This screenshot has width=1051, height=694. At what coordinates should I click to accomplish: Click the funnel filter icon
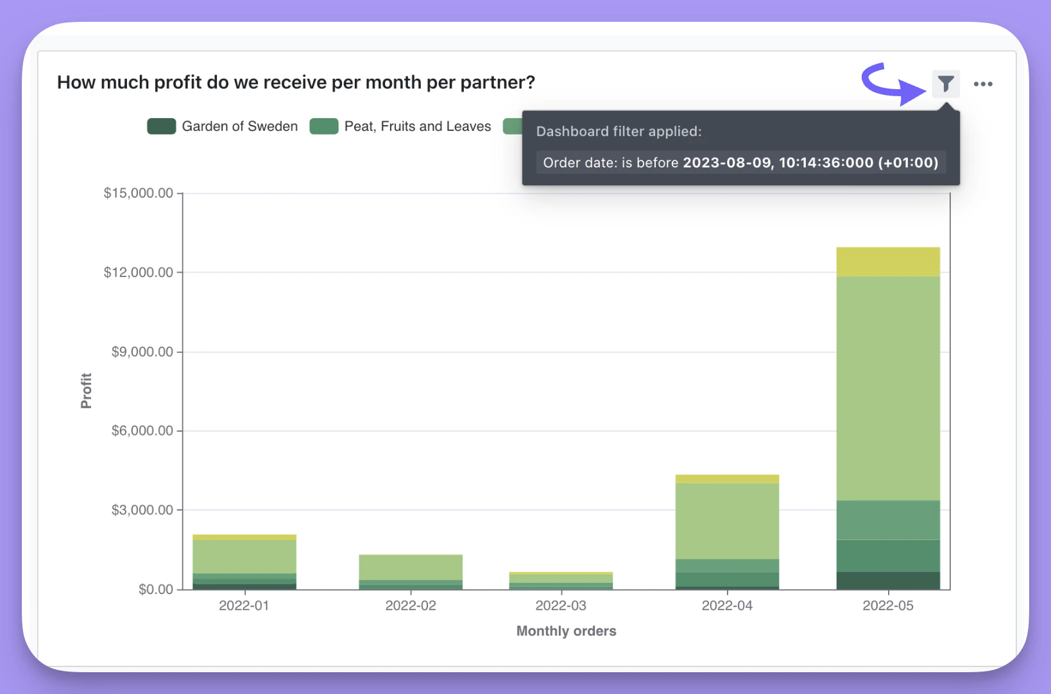946,84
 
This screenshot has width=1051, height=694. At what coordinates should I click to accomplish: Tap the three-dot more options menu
982,84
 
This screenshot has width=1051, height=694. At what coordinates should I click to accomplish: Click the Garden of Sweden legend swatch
161,126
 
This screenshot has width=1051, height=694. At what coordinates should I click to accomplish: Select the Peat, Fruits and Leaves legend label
417,126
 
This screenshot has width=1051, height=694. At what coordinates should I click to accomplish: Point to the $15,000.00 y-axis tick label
138,193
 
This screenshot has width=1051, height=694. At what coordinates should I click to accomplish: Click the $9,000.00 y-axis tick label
142,351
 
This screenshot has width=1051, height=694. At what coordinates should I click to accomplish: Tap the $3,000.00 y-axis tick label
142,510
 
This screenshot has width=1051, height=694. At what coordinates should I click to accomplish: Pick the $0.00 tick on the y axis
155,589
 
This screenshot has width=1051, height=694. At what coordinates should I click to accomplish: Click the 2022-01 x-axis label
244,605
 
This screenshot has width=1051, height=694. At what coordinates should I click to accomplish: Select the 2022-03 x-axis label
561,605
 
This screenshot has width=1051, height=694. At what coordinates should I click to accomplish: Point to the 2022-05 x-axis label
887,605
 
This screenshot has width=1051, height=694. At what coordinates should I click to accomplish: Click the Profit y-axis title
86,391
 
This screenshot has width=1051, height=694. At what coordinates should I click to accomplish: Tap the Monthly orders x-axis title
566,631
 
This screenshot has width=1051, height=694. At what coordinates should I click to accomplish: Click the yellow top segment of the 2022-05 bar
888,262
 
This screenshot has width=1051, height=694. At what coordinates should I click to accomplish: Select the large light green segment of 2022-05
888,388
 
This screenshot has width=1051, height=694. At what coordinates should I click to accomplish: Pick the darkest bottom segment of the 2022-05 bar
888,580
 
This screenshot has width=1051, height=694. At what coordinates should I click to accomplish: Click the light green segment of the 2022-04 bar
727,521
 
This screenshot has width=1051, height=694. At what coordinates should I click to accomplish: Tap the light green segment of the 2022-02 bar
411,567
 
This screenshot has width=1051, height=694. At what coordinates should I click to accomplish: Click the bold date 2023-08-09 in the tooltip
728,163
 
